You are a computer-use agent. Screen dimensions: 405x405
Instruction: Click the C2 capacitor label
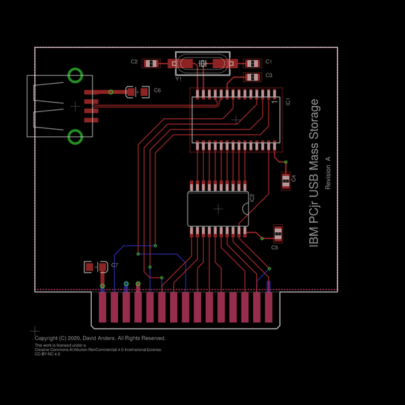134,62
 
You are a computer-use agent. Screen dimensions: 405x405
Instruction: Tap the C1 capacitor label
269,61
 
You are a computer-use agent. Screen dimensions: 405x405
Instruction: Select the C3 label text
269,75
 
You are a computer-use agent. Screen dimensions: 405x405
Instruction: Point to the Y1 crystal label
178,79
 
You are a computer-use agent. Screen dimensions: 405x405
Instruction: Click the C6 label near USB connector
157,90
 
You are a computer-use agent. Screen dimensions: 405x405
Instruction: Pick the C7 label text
115,265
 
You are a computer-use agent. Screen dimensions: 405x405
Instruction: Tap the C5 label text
274,248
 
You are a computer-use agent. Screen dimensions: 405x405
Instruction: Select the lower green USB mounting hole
76,137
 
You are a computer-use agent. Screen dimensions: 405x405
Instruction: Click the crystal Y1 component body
202,64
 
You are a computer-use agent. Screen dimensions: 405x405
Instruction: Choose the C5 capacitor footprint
277,234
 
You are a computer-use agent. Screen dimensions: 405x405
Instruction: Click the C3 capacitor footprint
252,76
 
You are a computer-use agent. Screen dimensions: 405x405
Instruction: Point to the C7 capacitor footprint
95,267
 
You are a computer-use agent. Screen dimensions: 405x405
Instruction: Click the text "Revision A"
328,173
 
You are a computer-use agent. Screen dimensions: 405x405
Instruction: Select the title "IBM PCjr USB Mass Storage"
314,173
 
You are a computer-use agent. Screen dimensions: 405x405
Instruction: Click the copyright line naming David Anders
100,338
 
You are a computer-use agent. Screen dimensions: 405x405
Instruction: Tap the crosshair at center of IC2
218,209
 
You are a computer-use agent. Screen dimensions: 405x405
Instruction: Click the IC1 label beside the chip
288,101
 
